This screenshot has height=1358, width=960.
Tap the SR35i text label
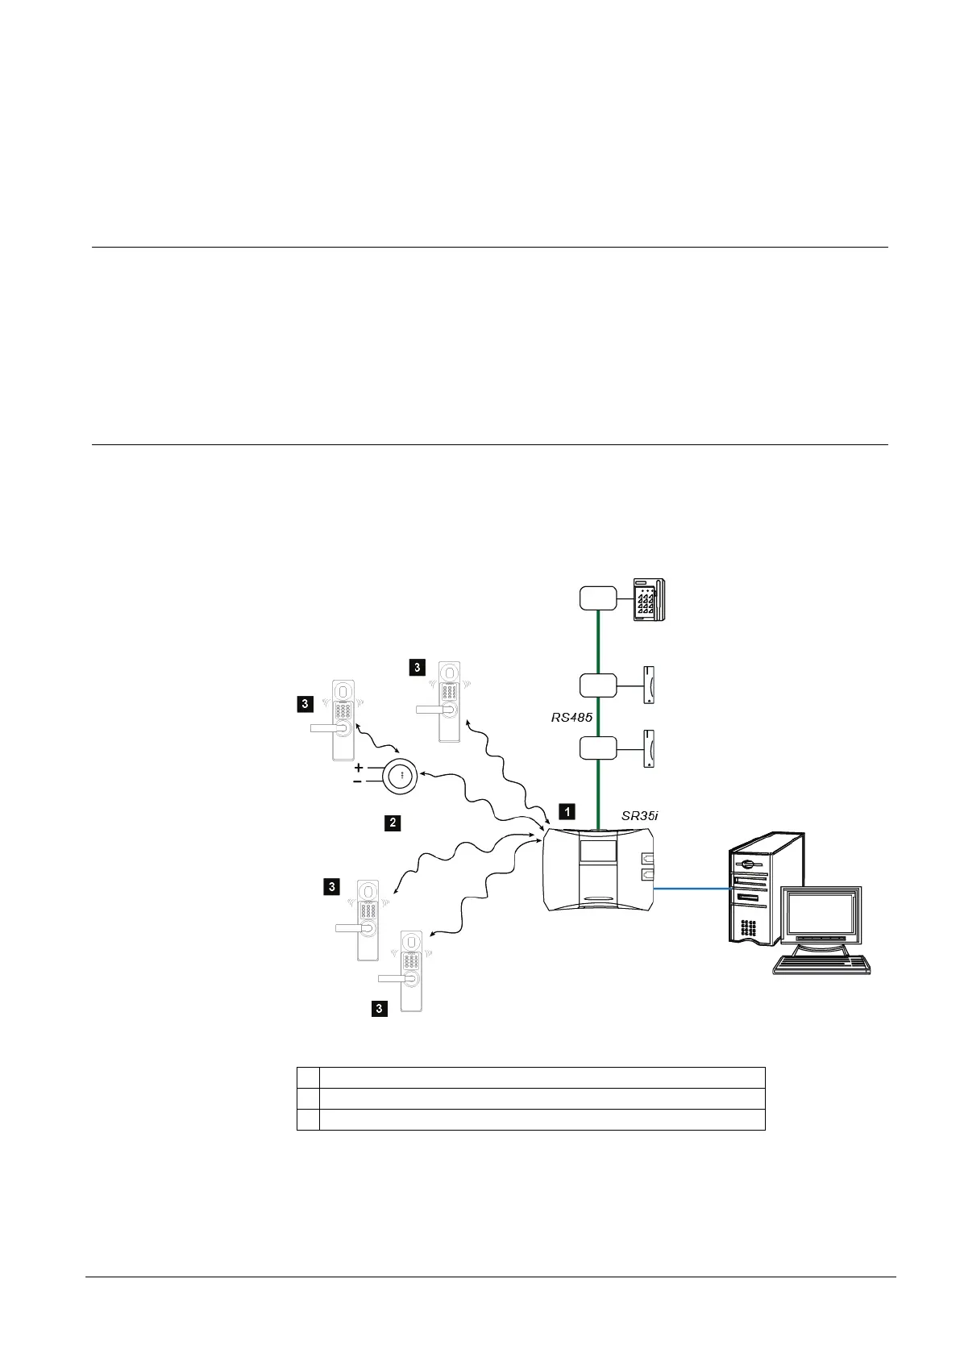[x=640, y=815]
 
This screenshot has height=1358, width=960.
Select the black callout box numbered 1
[x=567, y=811]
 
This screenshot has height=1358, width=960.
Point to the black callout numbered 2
[x=392, y=823]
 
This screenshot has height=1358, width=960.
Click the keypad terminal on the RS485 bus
[x=648, y=599]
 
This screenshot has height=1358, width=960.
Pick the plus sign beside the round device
[x=359, y=768]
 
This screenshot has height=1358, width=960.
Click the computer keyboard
[x=822, y=964]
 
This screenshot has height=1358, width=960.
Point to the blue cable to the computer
[x=691, y=889]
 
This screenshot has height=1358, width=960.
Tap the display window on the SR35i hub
[x=598, y=849]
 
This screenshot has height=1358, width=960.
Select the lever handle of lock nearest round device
[x=327, y=727]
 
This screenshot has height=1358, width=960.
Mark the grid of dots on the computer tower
[x=747, y=928]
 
